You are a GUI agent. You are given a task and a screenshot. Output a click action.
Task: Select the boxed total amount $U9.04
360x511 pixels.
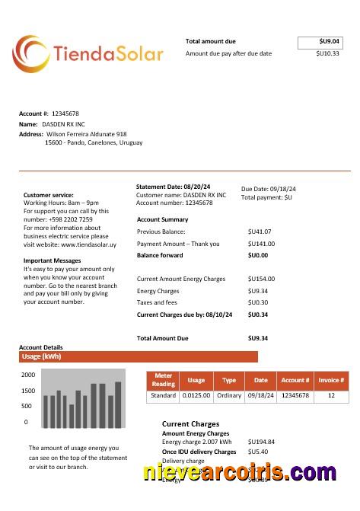(x=320, y=42)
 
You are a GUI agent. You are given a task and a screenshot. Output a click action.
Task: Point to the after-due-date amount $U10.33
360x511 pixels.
(x=327, y=54)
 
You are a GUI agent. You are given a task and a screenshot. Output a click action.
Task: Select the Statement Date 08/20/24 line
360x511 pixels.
(x=173, y=187)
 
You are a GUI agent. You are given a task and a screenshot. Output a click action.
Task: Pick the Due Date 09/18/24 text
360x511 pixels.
(x=269, y=189)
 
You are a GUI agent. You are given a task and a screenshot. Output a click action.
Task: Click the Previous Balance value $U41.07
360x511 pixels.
(x=260, y=231)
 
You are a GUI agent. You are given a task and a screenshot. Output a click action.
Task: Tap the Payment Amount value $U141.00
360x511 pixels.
(x=261, y=244)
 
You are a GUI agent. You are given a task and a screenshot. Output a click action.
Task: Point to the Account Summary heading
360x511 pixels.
(x=162, y=219)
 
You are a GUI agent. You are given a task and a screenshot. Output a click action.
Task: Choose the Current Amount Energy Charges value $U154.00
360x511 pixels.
(x=261, y=279)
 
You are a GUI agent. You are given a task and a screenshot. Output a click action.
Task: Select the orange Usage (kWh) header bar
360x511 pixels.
(x=139, y=356)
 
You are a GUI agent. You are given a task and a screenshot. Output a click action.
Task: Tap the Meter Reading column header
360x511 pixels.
(x=164, y=380)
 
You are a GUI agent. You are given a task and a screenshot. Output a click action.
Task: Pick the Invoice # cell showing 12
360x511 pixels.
(x=331, y=396)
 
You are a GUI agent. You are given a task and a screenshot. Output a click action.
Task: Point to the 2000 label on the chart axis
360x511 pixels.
(x=28, y=375)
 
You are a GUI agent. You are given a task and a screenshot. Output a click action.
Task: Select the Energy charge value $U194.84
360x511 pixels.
(x=261, y=442)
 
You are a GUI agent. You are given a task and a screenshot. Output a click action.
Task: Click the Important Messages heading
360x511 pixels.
(x=53, y=260)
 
